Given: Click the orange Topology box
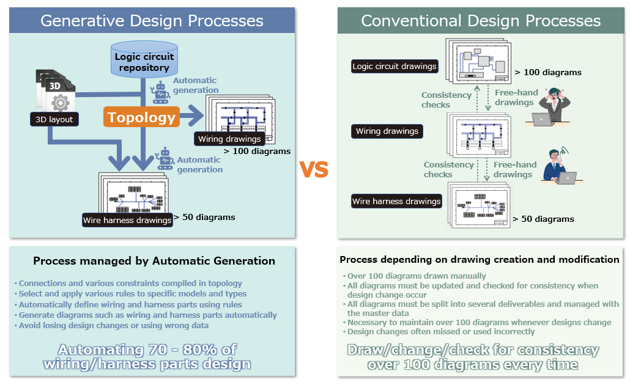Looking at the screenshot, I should point(142,117).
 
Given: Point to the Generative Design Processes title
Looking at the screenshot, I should point(152,21).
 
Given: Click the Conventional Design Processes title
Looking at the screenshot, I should point(481,21).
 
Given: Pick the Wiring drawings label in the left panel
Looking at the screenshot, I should point(229,139).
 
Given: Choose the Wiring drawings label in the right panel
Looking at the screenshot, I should point(387,131).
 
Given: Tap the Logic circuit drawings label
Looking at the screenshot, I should point(395,66).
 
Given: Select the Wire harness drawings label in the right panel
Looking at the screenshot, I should point(396,201).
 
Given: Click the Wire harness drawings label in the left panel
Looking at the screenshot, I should point(127,220).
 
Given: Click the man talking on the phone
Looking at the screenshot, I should point(558,166).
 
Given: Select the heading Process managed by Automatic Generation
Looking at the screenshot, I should point(154,261).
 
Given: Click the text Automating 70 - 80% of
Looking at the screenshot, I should point(147,350).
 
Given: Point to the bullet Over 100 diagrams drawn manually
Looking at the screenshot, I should point(417,276).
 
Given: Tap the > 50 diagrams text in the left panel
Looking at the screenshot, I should point(204,217).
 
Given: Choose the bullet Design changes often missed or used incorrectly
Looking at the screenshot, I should point(441,332).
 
